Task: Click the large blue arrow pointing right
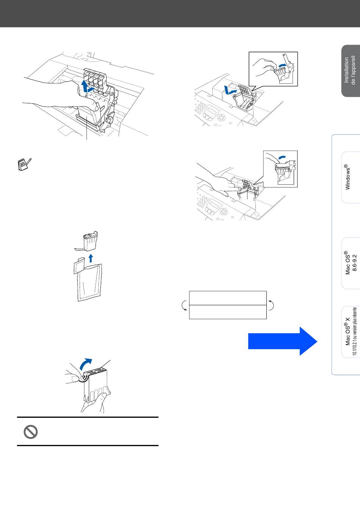[282, 341]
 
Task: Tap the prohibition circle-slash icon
[30, 432]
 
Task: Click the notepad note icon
[24, 165]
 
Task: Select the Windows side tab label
[347, 177]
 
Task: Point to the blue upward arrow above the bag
[90, 259]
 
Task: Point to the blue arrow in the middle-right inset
[281, 157]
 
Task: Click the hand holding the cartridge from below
[93, 403]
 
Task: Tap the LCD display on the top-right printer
[210, 112]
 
